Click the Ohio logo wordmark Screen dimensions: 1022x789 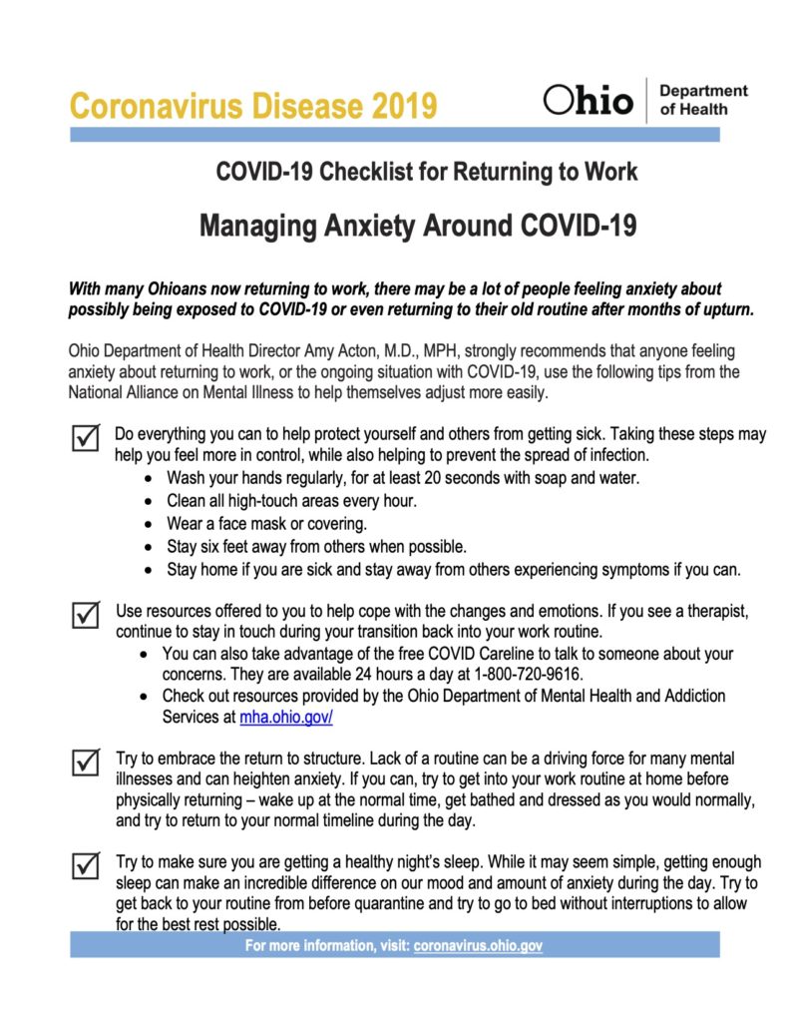[589, 100]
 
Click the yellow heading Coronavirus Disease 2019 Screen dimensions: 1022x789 [253, 105]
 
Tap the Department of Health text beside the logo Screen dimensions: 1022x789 [703, 100]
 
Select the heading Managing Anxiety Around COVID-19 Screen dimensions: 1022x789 [418, 226]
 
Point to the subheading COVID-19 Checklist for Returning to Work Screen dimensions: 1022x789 [427, 172]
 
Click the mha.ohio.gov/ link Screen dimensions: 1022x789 [286, 716]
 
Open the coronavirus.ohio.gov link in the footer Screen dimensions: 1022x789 [478, 944]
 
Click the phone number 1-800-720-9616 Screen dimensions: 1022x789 [529, 674]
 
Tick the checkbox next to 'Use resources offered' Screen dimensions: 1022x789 [87, 614]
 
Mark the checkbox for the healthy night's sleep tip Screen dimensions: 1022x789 [87, 863]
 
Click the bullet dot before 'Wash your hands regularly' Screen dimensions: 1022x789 [149, 479]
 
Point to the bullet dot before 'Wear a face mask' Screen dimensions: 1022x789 [149, 524]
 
